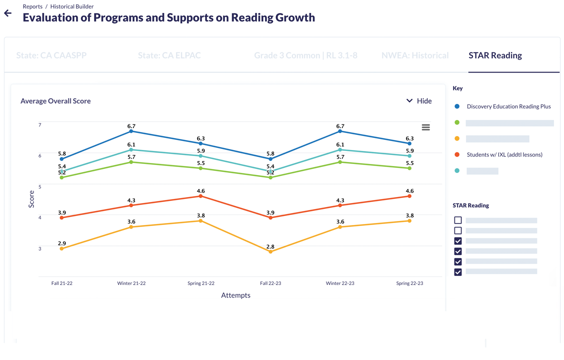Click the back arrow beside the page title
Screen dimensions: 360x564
(x=8, y=13)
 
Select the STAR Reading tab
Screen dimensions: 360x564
(x=495, y=55)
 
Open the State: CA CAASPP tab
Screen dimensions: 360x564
(x=51, y=55)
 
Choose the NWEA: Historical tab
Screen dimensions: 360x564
(x=415, y=55)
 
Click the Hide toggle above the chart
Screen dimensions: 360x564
(x=419, y=101)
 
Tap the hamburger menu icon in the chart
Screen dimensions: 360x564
(x=425, y=127)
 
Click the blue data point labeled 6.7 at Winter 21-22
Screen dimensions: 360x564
(x=131, y=131)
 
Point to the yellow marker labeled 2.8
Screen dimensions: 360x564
(x=270, y=252)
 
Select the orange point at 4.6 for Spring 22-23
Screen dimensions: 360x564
(x=409, y=196)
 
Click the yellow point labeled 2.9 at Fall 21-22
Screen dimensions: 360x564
(x=62, y=248)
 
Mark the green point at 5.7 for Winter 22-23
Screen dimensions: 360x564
(x=340, y=162)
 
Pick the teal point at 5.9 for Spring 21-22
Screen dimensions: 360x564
(x=201, y=156)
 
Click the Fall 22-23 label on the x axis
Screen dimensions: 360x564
(x=270, y=283)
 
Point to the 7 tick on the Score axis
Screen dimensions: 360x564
(x=40, y=125)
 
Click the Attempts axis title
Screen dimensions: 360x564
(x=235, y=295)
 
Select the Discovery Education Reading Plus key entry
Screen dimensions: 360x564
(x=508, y=106)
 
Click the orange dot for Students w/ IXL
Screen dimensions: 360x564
(x=457, y=154)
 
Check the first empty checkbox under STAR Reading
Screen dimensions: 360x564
(x=458, y=220)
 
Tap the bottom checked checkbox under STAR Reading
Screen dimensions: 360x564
(x=458, y=272)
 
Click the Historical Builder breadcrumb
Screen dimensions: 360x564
(x=72, y=6)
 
